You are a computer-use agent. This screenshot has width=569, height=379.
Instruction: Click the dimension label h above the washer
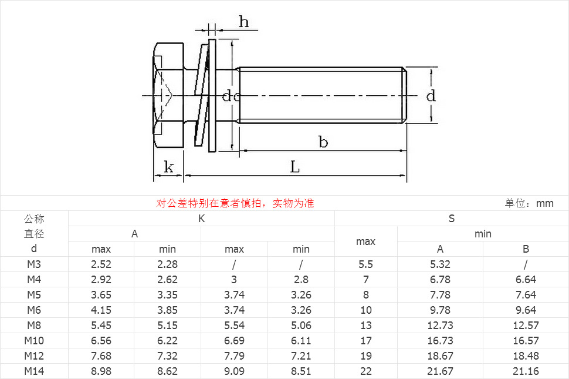(x=243, y=22)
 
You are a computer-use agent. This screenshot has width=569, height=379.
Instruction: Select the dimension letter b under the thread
(x=323, y=142)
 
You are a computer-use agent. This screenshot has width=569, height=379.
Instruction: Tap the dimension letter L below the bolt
(x=295, y=167)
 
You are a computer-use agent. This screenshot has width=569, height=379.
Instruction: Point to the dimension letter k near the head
(x=169, y=167)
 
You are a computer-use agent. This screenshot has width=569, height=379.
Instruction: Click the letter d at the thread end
(x=431, y=96)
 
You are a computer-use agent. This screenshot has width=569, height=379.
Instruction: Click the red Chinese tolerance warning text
(x=235, y=203)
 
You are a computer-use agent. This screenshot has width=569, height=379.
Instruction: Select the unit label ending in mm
(x=529, y=203)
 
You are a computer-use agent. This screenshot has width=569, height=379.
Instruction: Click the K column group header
(x=201, y=219)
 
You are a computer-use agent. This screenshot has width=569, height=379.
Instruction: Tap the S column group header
(x=452, y=219)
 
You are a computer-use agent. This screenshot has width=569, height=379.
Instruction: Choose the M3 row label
(x=34, y=264)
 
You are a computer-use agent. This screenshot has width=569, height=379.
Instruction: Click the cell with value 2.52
(x=101, y=264)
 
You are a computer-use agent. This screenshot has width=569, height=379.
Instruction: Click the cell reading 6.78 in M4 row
(x=440, y=280)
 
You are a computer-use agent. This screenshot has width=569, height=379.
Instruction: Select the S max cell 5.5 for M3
(x=365, y=264)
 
